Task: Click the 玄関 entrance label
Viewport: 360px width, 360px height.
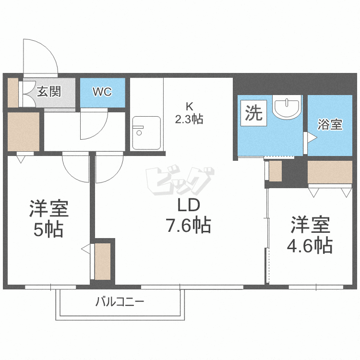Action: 49,91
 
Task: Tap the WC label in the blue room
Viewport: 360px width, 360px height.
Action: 102,92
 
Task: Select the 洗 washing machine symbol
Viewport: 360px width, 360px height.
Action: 254,114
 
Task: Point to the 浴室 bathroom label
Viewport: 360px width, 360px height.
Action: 330,124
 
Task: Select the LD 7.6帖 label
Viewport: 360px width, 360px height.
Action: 188,216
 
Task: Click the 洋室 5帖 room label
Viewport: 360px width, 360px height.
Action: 48,219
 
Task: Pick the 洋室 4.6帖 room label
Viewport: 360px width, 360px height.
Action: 310,236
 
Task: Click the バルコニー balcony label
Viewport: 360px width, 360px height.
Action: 120,302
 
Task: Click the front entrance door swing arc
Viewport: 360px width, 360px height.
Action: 41,55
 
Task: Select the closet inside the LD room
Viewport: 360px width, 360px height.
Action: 103,262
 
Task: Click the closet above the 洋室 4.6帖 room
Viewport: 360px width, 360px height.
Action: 330,172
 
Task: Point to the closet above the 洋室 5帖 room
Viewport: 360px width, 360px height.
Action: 23,132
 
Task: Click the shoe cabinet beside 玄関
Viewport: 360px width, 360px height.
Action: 12,92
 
